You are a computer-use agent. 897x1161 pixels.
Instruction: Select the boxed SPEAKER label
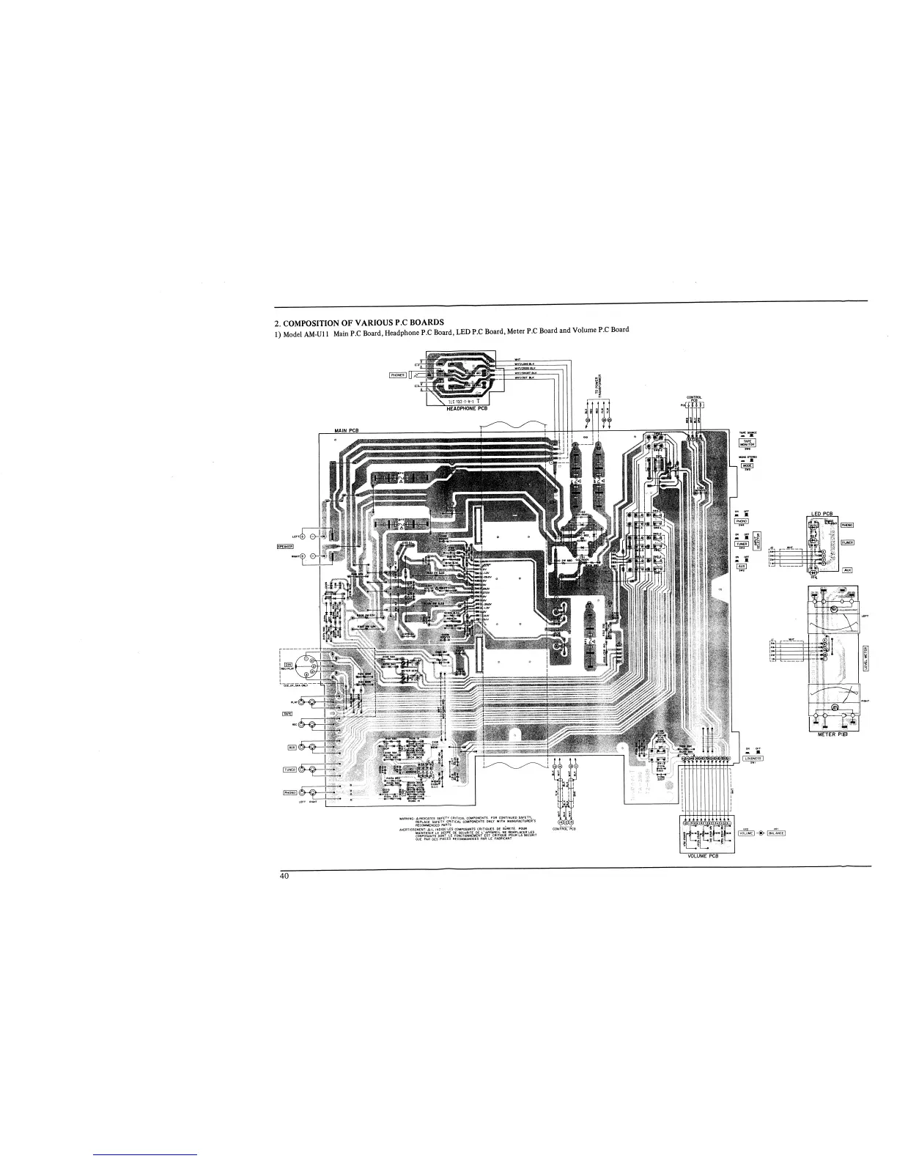pyautogui.click(x=286, y=545)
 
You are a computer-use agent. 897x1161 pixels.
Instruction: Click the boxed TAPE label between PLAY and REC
pyautogui.click(x=288, y=713)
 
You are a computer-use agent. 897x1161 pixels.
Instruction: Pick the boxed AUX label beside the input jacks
pyautogui.click(x=292, y=747)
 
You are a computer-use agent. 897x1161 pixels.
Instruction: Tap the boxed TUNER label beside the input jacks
pyautogui.click(x=289, y=770)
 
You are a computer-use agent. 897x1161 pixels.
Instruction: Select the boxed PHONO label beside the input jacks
pyautogui.click(x=289, y=792)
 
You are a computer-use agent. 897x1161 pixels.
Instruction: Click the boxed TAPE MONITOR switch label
pyautogui.click(x=747, y=443)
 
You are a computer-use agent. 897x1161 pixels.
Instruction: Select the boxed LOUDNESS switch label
pyautogui.click(x=753, y=758)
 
